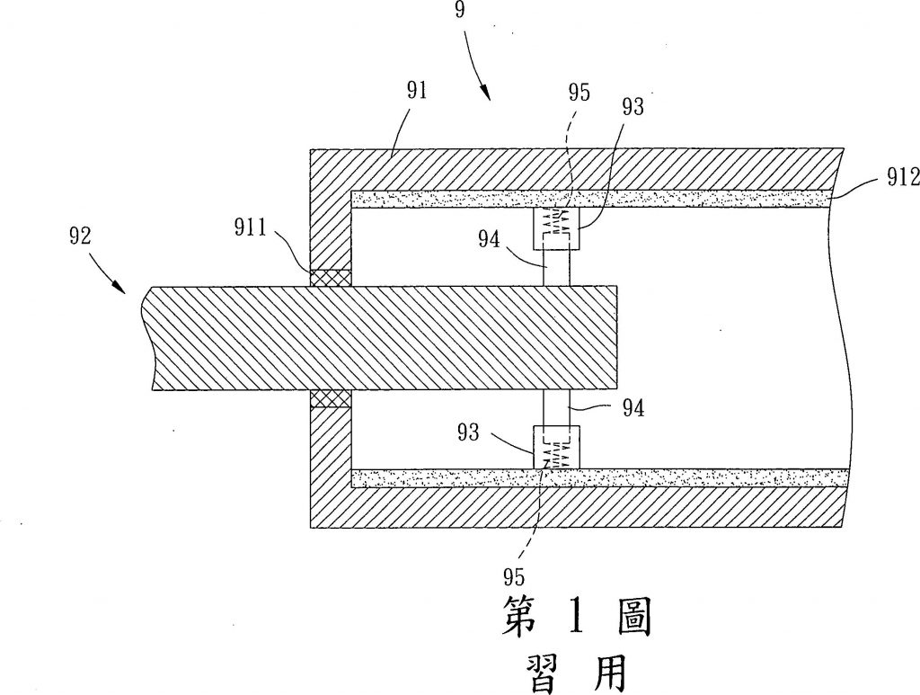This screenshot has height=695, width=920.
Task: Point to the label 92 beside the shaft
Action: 80,236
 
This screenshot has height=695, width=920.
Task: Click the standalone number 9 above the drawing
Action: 460,10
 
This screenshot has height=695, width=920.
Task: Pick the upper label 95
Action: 579,93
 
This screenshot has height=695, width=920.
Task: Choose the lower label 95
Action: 513,577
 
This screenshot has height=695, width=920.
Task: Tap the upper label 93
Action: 633,107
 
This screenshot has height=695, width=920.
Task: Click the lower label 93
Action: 468,432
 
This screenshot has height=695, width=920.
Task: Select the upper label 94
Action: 489,239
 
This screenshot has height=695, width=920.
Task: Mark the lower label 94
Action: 633,408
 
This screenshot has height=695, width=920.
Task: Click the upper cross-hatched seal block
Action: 331,278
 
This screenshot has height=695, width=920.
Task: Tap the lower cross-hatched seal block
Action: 331,398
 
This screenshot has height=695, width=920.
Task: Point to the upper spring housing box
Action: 556,228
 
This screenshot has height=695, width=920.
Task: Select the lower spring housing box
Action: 556,447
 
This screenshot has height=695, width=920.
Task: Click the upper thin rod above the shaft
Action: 556,268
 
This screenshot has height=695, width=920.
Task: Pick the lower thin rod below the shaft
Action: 556,408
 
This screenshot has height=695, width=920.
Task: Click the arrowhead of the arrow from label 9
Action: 486,93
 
